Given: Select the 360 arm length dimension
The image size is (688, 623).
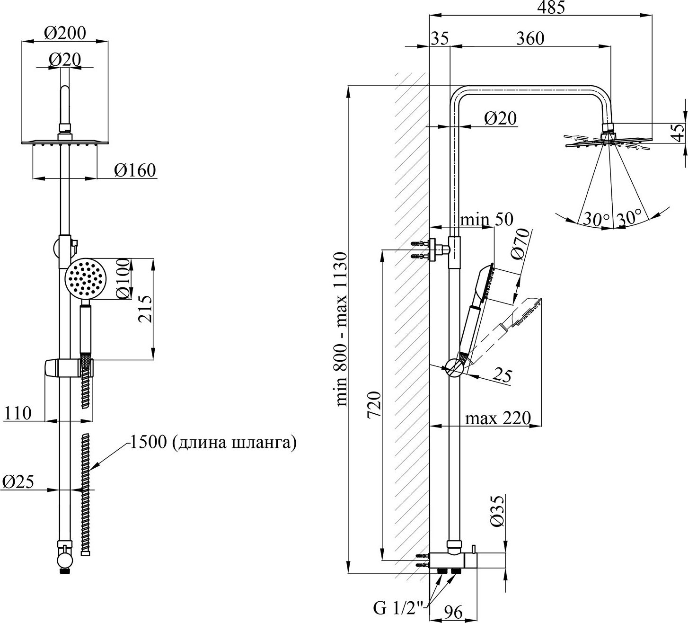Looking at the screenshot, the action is click(530, 38).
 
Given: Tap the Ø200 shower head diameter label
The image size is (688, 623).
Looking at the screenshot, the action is click(65, 33).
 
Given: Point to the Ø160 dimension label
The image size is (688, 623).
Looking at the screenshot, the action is click(135, 170).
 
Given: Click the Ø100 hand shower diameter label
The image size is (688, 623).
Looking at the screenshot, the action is click(123, 278).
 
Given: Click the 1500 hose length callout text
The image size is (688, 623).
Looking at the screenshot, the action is click(213, 443).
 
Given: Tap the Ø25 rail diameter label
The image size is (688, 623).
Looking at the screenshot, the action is click(18, 482).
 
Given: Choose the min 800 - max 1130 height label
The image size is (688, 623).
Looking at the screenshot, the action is click(342, 329).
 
